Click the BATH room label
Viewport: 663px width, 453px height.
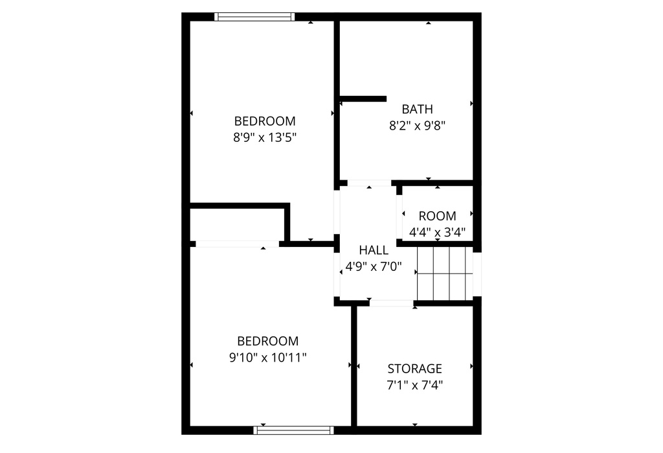point(417,109)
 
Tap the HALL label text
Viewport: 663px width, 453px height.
point(374,250)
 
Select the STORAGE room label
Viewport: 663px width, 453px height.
point(414,369)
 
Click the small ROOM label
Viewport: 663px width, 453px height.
point(437,216)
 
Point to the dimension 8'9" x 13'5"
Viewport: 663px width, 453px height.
point(265,137)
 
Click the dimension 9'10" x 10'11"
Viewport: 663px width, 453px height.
point(267,357)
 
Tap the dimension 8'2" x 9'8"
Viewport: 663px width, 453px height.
point(417,126)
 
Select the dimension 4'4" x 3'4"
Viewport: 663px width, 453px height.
point(437,232)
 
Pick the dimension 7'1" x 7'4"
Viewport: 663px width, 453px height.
point(414,385)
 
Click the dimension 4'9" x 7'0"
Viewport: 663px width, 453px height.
point(374,266)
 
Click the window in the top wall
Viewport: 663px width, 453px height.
point(254,17)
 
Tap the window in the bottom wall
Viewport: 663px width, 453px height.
point(294,430)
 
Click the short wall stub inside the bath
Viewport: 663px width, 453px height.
point(363,99)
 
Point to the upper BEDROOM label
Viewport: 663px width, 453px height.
point(265,121)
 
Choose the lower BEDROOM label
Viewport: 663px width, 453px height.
point(267,341)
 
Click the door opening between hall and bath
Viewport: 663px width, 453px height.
point(369,183)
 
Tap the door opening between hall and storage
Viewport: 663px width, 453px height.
point(391,303)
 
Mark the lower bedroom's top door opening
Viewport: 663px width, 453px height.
point(237,244)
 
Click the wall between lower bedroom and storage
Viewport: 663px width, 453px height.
point(354,366)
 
